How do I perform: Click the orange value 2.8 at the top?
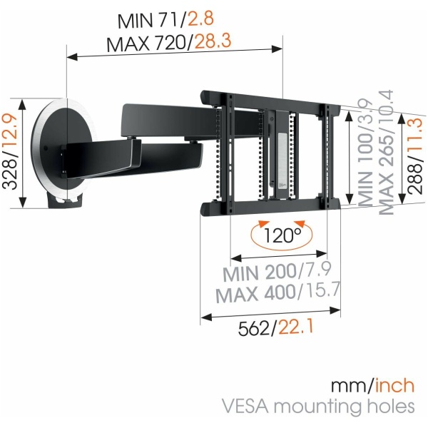pyautogui.click(x=200, y=18)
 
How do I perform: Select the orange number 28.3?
pyautogui.click(x=213, y=41)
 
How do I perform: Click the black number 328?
pyautogui.click(x=10, y=175)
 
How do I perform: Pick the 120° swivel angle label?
pyautogui.click(x=282, y=235)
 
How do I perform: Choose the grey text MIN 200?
pyautogui.click(x=260, y=272)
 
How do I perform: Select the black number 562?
pyautogui.click(x=254, y=328)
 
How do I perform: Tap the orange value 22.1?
pyautogui.click(x=296, y=327)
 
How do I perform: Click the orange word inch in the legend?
pyautogui.click(x=394, y=385)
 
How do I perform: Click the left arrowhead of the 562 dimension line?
pyautogui.click(x=206, y=317)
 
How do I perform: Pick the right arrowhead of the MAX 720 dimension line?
pyautogui.click(x=277, y=49)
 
